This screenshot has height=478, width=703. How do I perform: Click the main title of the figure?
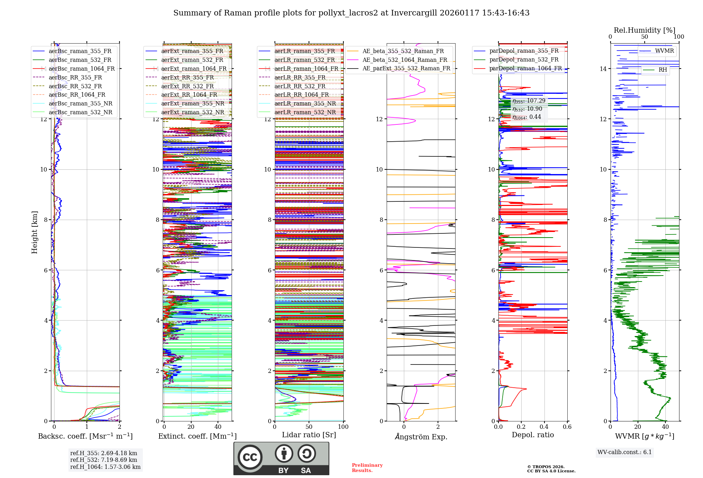[x=351, y=13]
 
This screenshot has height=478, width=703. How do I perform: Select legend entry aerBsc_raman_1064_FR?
[x=82, y=69]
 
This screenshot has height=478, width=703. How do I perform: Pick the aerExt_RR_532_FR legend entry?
[x=187, y=86]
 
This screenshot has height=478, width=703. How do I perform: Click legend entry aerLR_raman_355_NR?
[x=305, y=103]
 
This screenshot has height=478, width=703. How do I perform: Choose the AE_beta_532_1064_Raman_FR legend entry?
[x=405, y=60]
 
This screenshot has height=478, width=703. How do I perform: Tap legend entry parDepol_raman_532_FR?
[x=524, y=60]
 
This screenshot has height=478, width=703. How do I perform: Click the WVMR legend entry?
[x=664, y=51]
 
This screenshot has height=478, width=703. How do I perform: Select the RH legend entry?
[x=663, y=70]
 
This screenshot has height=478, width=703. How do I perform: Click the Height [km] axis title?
[x=34, y=232]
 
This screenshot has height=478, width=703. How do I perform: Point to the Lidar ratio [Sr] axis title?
[x=309, y=435]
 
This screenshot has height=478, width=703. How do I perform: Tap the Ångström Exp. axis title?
[x=421, y=437]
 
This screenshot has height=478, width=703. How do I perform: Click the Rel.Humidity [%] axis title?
[x=644, y=30]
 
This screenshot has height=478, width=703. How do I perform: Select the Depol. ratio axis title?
[x=533, y=435]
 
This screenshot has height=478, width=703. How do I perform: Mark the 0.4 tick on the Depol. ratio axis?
[x=544, y=427]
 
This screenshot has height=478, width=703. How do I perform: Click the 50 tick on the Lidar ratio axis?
[x=309, y=427]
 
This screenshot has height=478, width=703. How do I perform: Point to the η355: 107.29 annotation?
[x=529, y=101]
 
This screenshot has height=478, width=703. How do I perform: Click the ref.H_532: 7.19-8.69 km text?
[x=104, y=460]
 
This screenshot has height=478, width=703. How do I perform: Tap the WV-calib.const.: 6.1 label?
[x=625, y=452]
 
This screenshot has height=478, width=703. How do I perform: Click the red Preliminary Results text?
[x=367, y=467]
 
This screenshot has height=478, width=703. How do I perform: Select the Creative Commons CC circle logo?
[x=250, y=457]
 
